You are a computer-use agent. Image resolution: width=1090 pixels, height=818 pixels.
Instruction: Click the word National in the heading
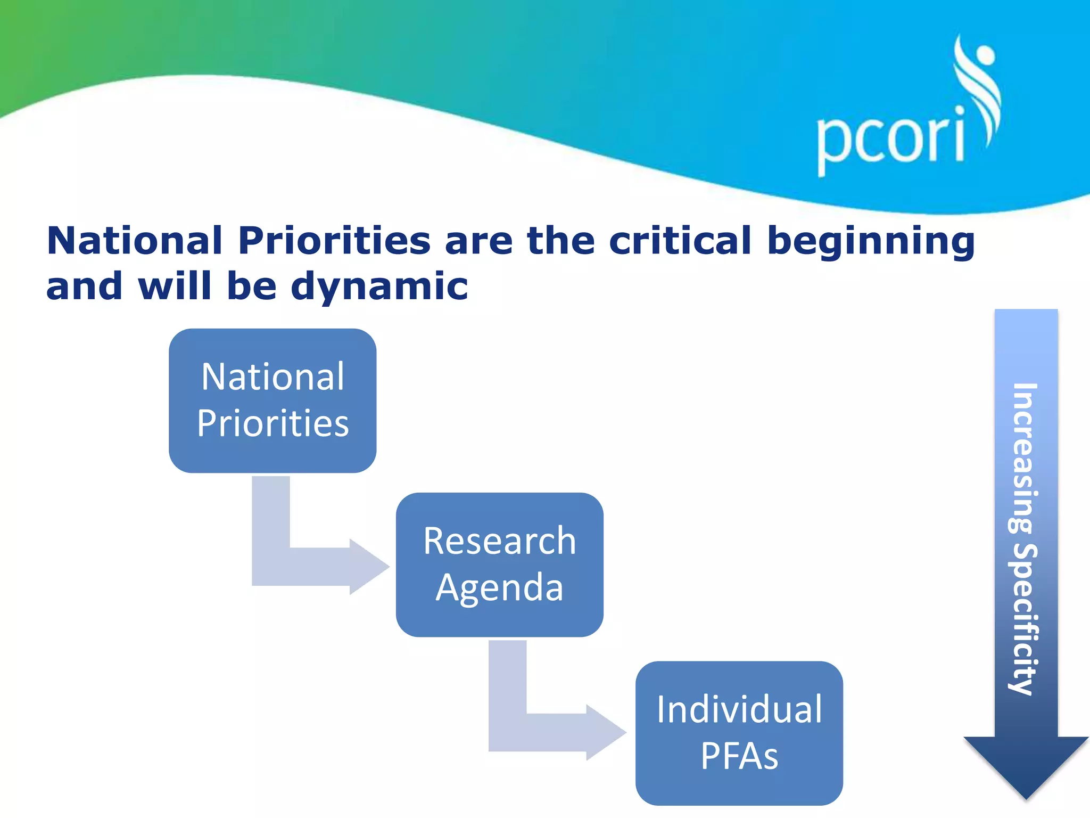(134, 241)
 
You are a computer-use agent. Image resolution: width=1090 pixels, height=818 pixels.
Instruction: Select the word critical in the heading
(679, 241)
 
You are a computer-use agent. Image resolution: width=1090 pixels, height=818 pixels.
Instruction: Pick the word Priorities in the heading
(334, 241)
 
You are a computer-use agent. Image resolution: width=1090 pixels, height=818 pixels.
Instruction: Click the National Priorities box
(272, 400)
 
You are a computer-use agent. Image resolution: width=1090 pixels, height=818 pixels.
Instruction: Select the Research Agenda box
(499, 565)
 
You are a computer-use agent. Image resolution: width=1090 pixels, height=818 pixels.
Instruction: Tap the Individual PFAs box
(739, 733)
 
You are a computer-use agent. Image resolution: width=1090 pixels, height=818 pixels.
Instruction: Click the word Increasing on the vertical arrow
(1023, 458)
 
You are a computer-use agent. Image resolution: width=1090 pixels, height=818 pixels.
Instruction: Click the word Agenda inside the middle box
(499, 588)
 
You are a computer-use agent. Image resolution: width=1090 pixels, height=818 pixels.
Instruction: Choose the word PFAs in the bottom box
(739, 756)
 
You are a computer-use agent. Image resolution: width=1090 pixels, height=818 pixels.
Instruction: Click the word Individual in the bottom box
(739, 710)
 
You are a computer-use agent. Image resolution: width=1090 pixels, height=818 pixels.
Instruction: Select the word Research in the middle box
(499, 542)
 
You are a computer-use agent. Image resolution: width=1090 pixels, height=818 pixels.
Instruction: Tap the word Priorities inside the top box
(272, 424)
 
